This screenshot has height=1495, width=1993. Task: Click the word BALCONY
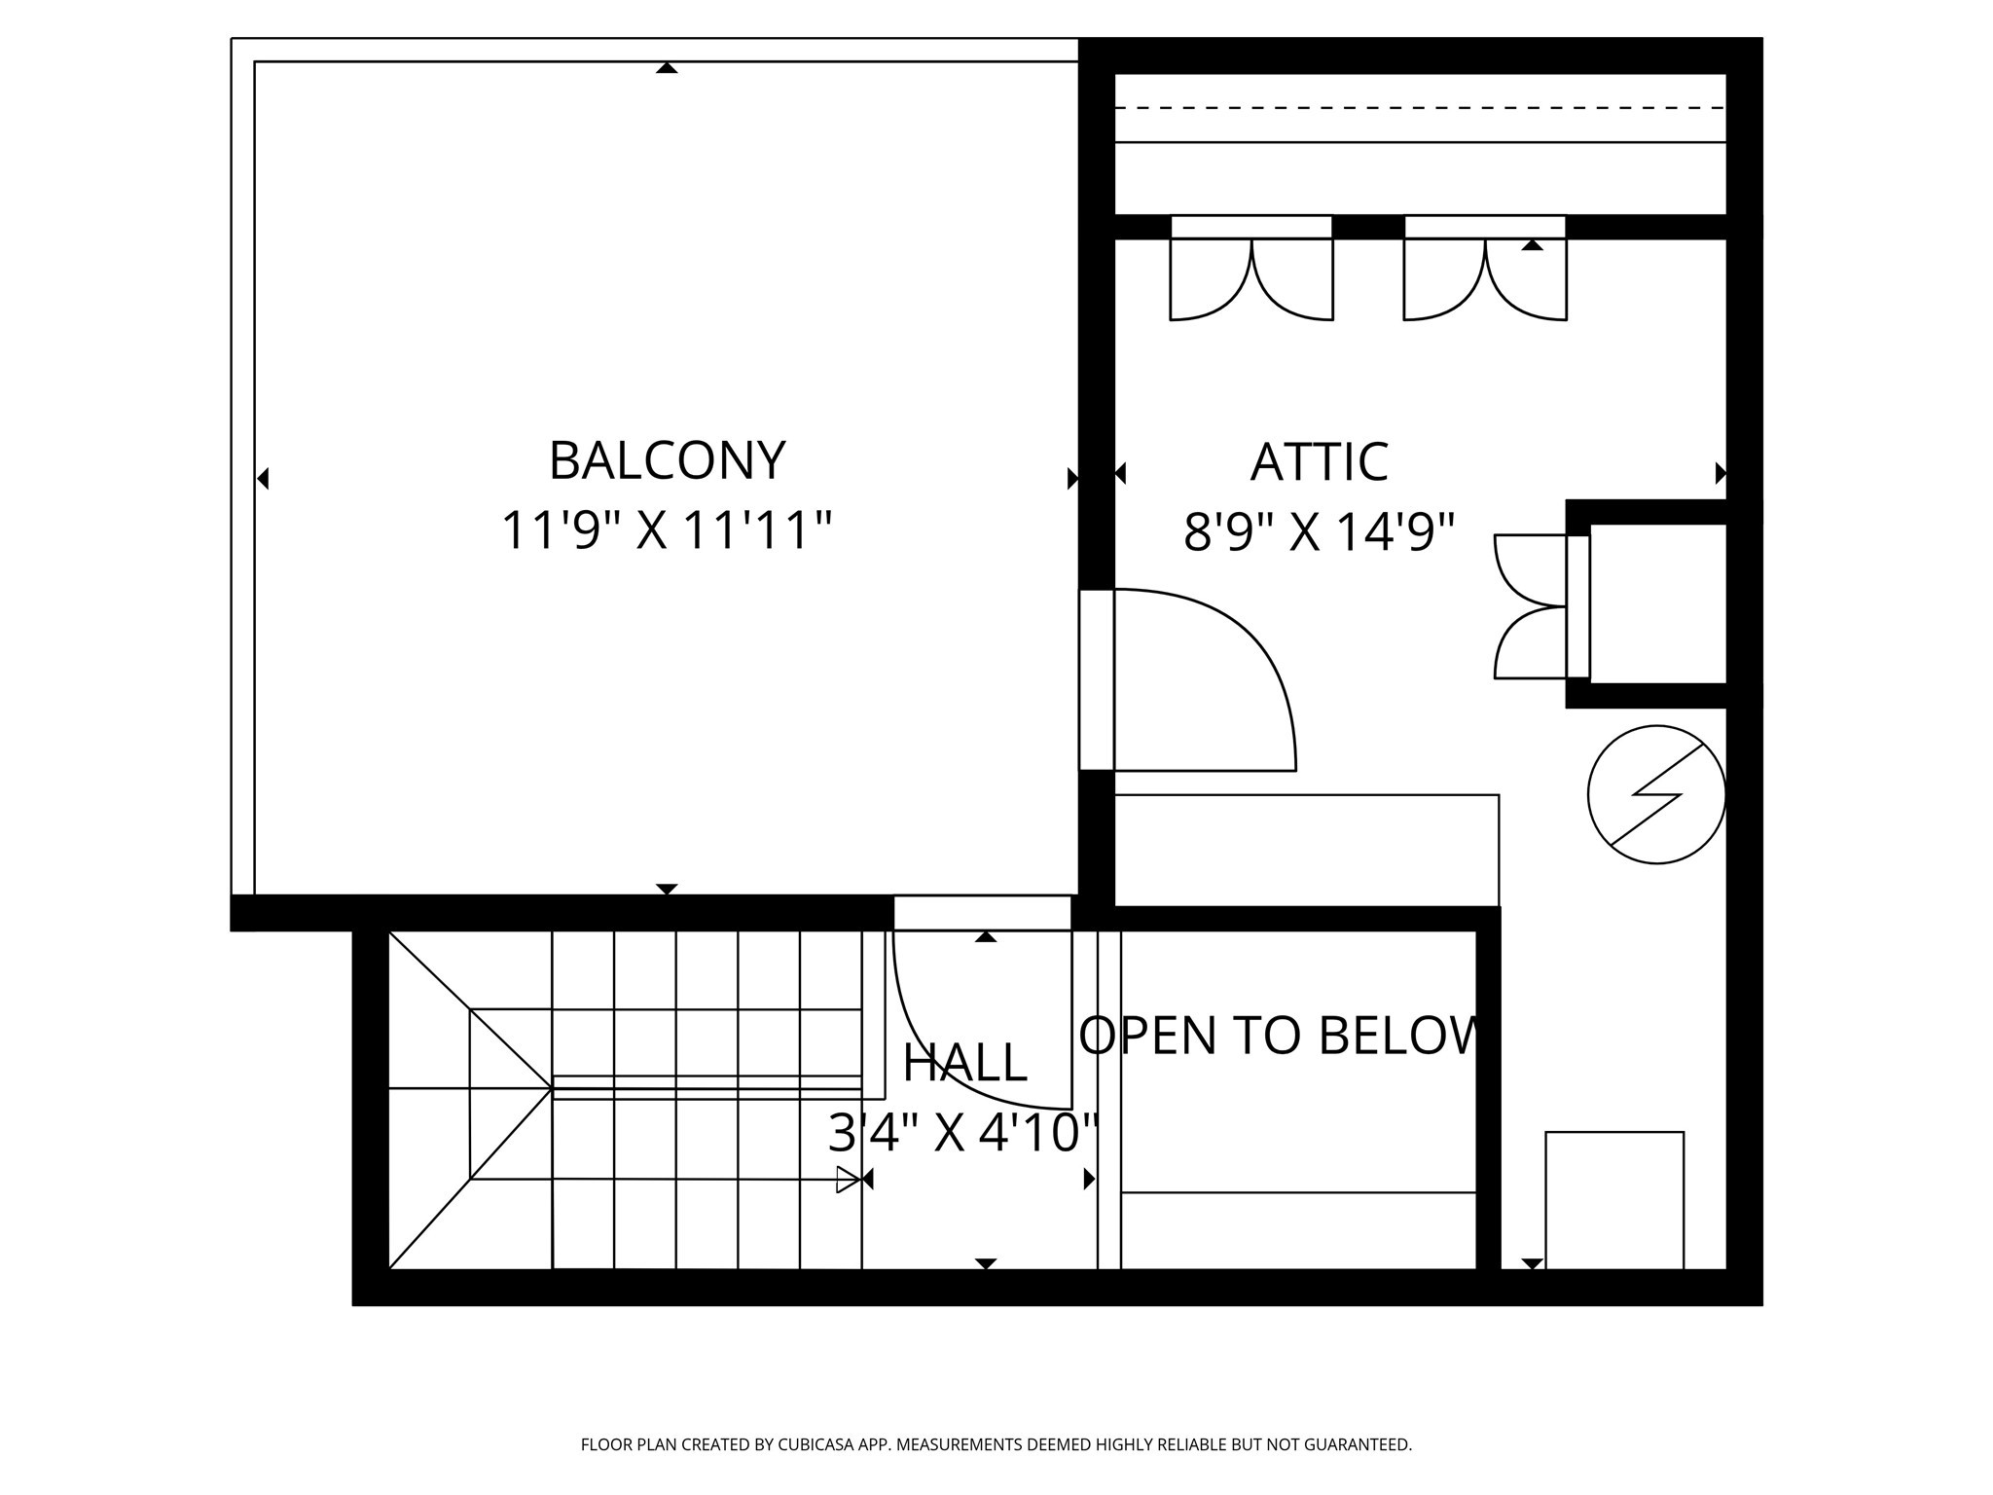pos(667,461)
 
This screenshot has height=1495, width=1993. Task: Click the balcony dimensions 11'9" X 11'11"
pos(667,531)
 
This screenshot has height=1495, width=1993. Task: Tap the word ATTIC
pos(1319,462)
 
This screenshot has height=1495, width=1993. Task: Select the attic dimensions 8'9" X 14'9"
pos(1319,532)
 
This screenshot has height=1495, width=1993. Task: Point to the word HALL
pos(964,1063)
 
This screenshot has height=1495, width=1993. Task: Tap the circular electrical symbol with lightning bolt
pos(1656,794)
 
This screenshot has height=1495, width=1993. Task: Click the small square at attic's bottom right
pos(1614,1200)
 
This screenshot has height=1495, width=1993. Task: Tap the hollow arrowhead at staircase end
pos(848,1180)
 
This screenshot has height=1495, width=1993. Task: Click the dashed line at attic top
pos(1421,108)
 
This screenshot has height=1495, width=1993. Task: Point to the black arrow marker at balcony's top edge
pos(667,67)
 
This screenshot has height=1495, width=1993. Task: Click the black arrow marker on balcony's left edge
pos(263,479)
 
